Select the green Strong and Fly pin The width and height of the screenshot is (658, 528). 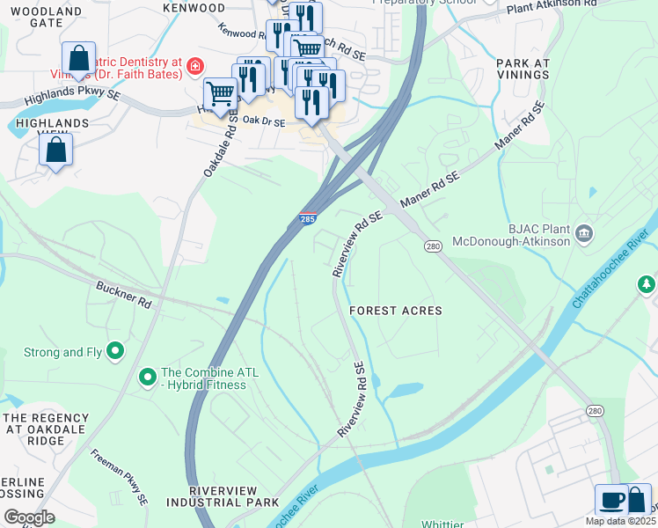click(115, 352)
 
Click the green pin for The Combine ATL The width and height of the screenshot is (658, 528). click(147, 378)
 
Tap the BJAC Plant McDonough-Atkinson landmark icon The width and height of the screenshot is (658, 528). click(584, 233)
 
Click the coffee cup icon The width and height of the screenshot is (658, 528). click(611, 500)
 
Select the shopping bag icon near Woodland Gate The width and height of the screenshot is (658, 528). click(79, 59)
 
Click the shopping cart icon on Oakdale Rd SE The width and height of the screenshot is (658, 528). click(219, 92)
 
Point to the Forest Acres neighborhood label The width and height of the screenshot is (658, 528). click(395, 311)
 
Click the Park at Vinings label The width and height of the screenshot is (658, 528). click(523, 70)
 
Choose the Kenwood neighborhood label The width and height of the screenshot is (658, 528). click(194, 8)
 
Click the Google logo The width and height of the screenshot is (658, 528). click(29, 517)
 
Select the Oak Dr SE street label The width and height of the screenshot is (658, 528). click(264, 122)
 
